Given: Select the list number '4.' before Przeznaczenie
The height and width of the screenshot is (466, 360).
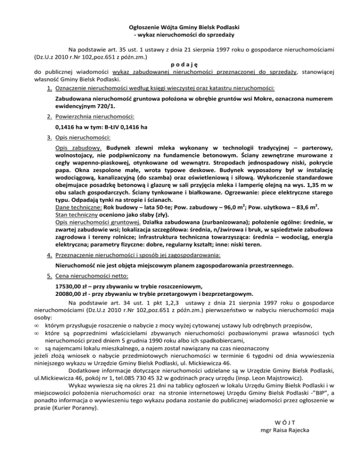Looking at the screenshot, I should [49, 255].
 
